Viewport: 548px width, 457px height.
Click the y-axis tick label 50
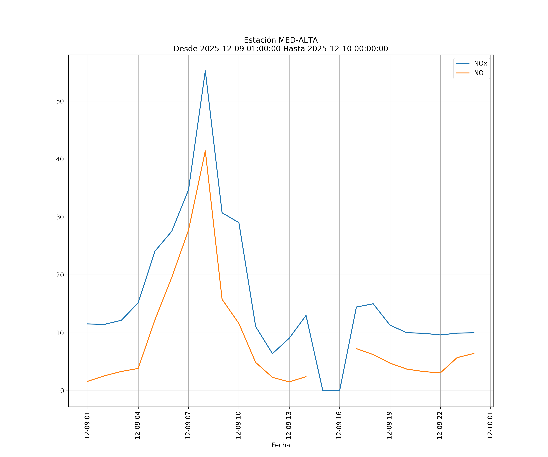(x=60, y=101)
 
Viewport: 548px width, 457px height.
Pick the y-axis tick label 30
(x=60, y=217)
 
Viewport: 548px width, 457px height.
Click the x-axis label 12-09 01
(x=87, y=425)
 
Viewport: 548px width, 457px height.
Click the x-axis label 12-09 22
(x=440, y=425)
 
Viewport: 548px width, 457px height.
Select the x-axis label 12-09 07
(x=188, y=425)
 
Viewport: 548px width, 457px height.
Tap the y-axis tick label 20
(x=60, y=275)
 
